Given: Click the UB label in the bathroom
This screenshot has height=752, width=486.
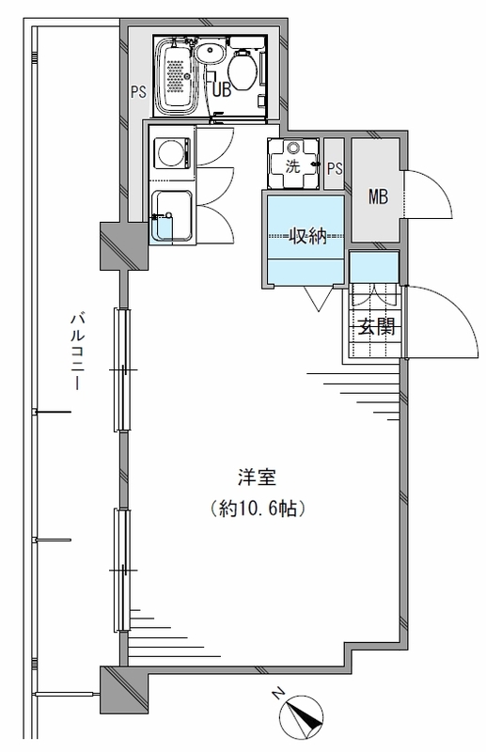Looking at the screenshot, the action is click(222, 89).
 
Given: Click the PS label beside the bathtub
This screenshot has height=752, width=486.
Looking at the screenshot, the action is click(138, 91).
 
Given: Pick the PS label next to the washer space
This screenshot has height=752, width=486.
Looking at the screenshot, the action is click(336, 168).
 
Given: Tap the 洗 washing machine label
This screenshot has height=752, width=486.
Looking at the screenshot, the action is click(292, 166).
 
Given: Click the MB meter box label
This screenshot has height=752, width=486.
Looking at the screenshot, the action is click(378, 196).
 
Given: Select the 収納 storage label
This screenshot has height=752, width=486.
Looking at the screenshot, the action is click(307, 236).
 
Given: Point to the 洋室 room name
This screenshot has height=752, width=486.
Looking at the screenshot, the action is click(258, 478).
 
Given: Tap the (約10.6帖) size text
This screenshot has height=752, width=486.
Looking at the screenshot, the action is click(258, 509).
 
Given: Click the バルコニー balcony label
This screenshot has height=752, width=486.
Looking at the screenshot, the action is click(78, 352).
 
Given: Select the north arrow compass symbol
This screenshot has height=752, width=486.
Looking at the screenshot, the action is click(301, 716).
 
